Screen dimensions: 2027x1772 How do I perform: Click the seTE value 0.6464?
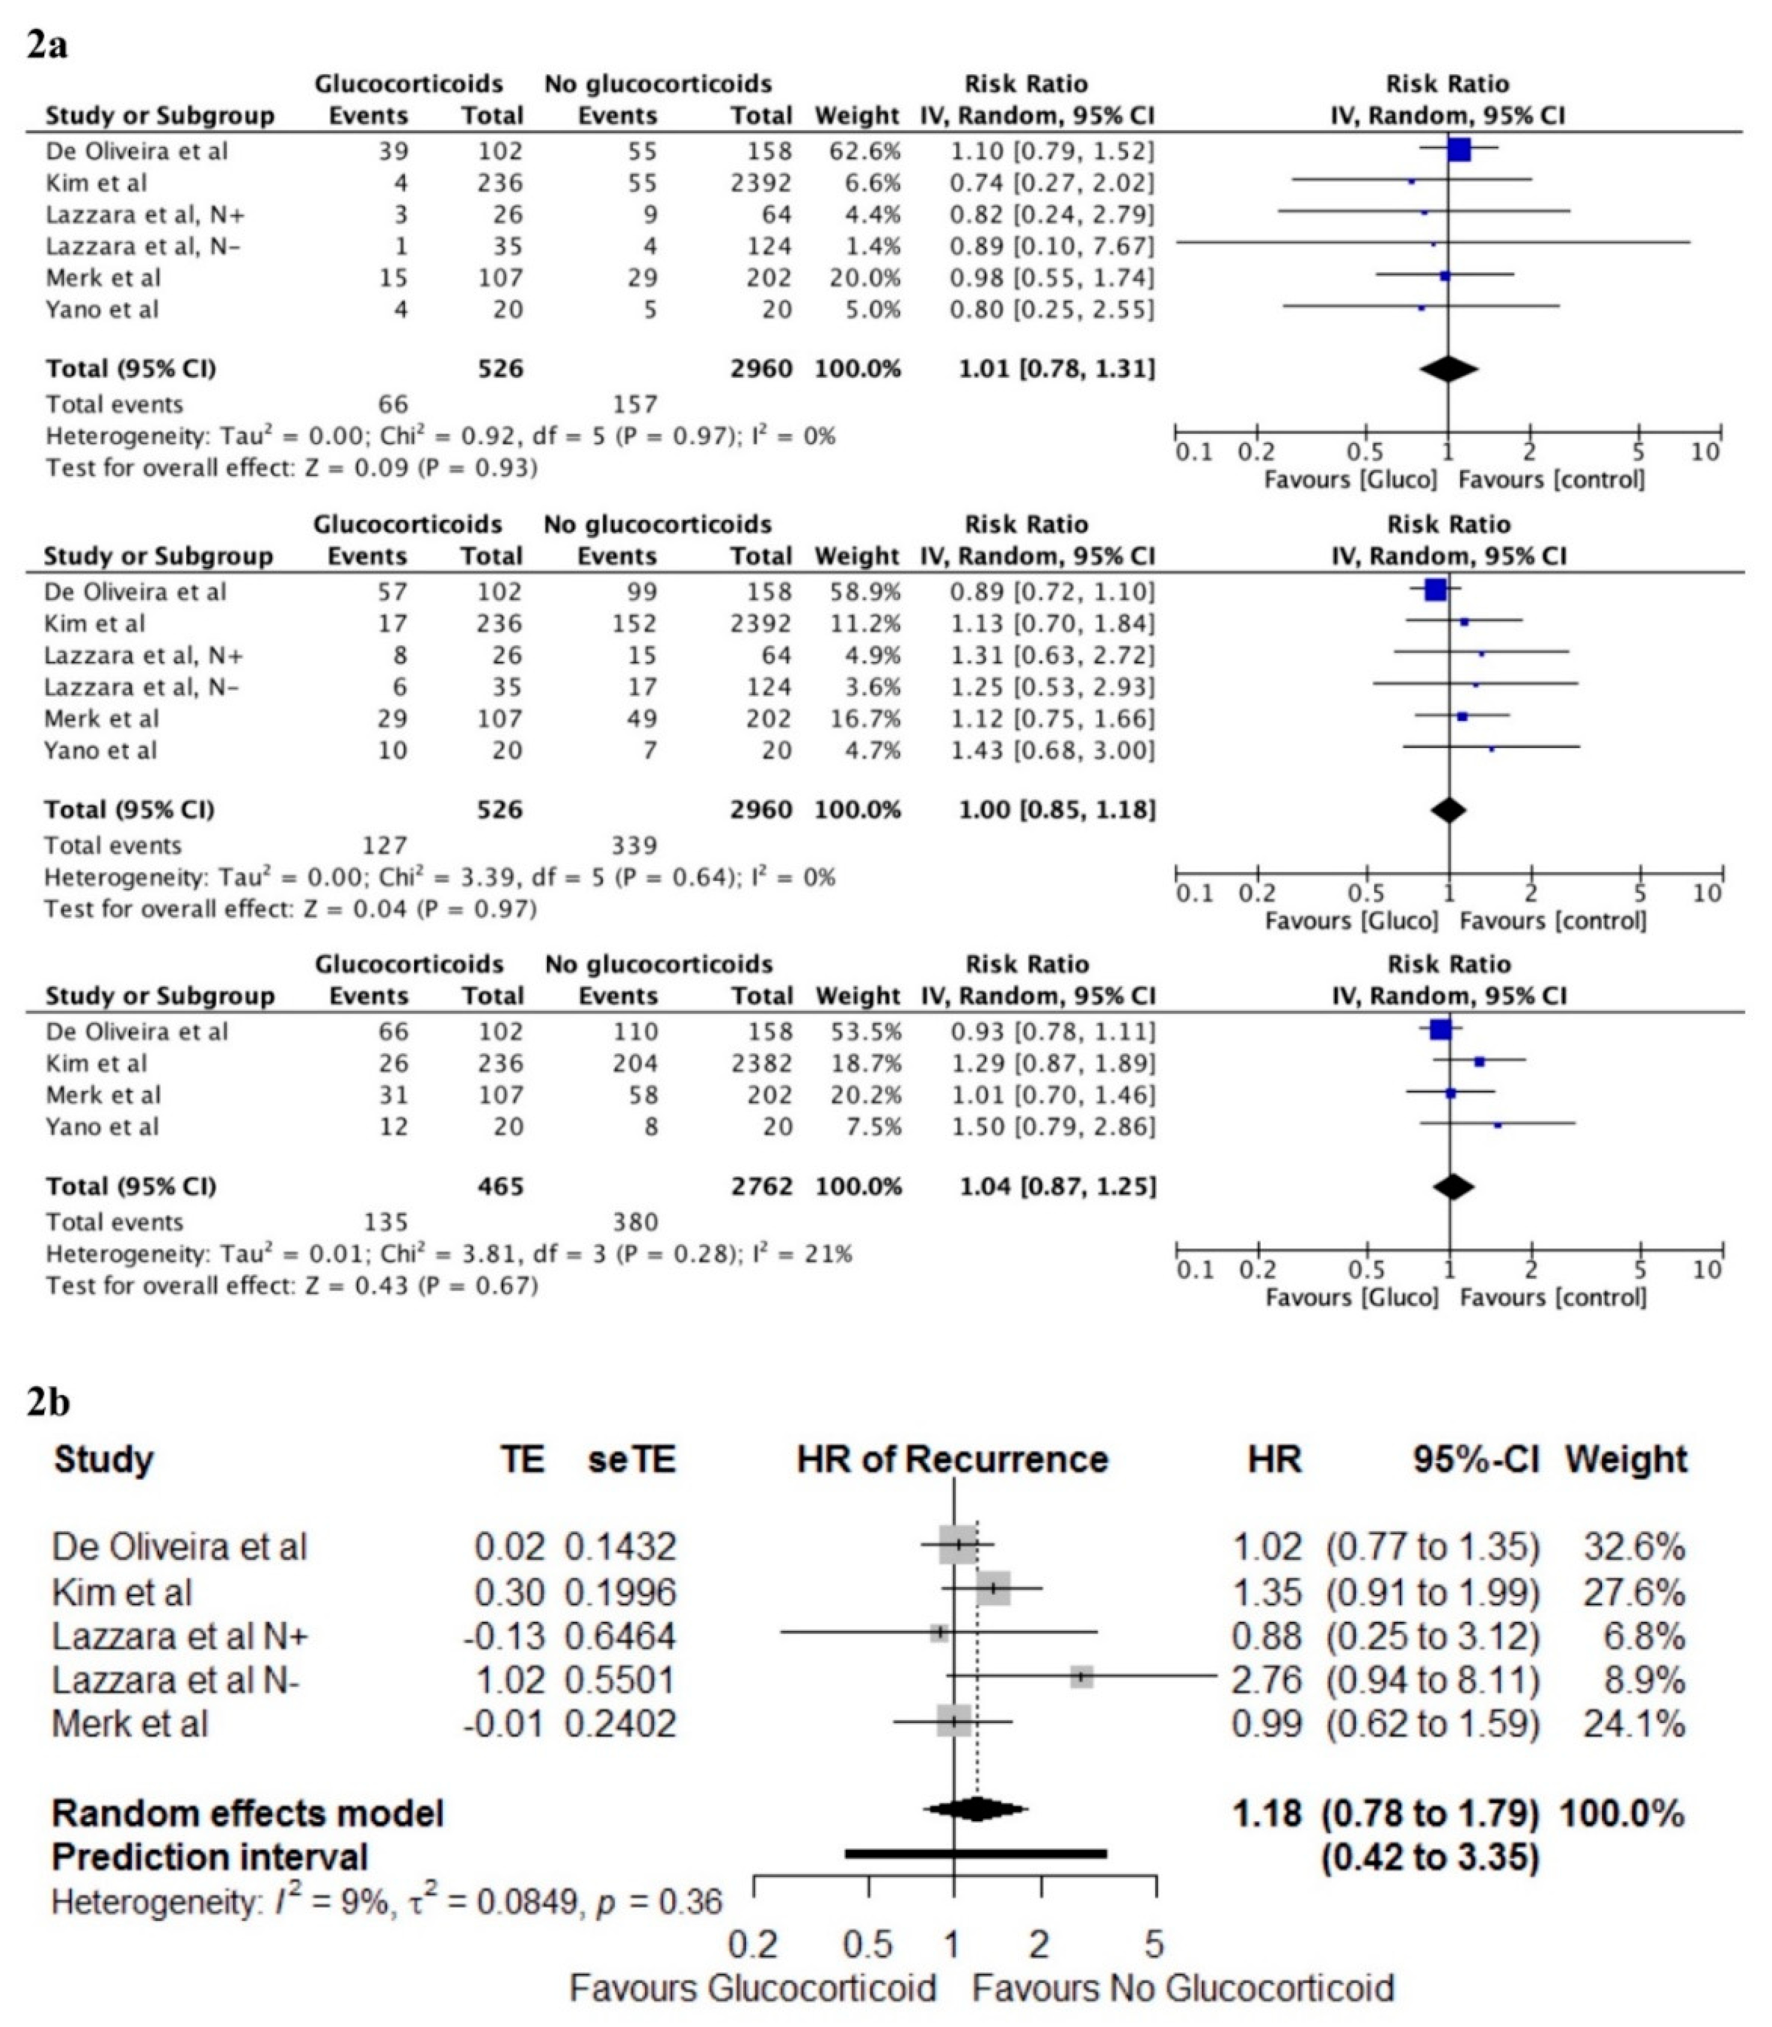point(620,1636)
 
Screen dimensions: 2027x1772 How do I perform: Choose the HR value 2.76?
point(1266,1680)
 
